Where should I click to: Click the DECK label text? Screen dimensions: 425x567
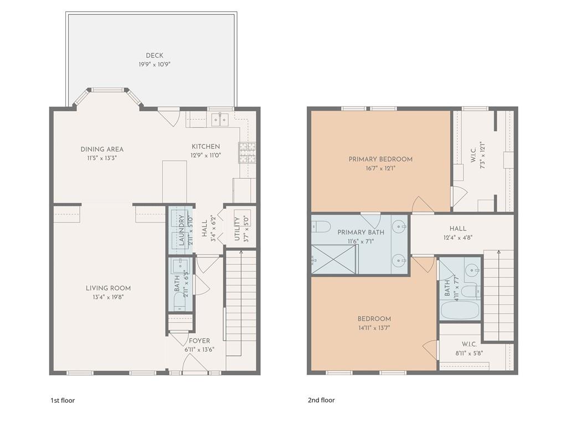point(154,55)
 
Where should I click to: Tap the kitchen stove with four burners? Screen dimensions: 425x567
point(246,152)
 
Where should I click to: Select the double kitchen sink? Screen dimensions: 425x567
point(220,119)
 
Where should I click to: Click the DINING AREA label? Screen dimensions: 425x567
point(102,149)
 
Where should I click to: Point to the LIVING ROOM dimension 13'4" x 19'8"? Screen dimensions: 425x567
point(108,296)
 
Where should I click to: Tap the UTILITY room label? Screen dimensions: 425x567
point(238,228)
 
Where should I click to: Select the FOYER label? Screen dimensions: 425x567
point(199,341)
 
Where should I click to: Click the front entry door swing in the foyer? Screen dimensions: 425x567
point(191,363)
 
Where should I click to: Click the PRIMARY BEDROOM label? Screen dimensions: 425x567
point(380,159)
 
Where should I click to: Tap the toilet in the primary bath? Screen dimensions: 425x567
point(321,227)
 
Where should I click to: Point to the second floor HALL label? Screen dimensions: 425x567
point(458,228)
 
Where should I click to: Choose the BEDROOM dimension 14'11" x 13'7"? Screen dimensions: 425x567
point(374,327)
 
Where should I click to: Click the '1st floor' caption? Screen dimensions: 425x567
point(62,400)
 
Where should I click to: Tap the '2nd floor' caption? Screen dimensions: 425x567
point(321,400)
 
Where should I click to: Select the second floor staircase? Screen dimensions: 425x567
point(498,294)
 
